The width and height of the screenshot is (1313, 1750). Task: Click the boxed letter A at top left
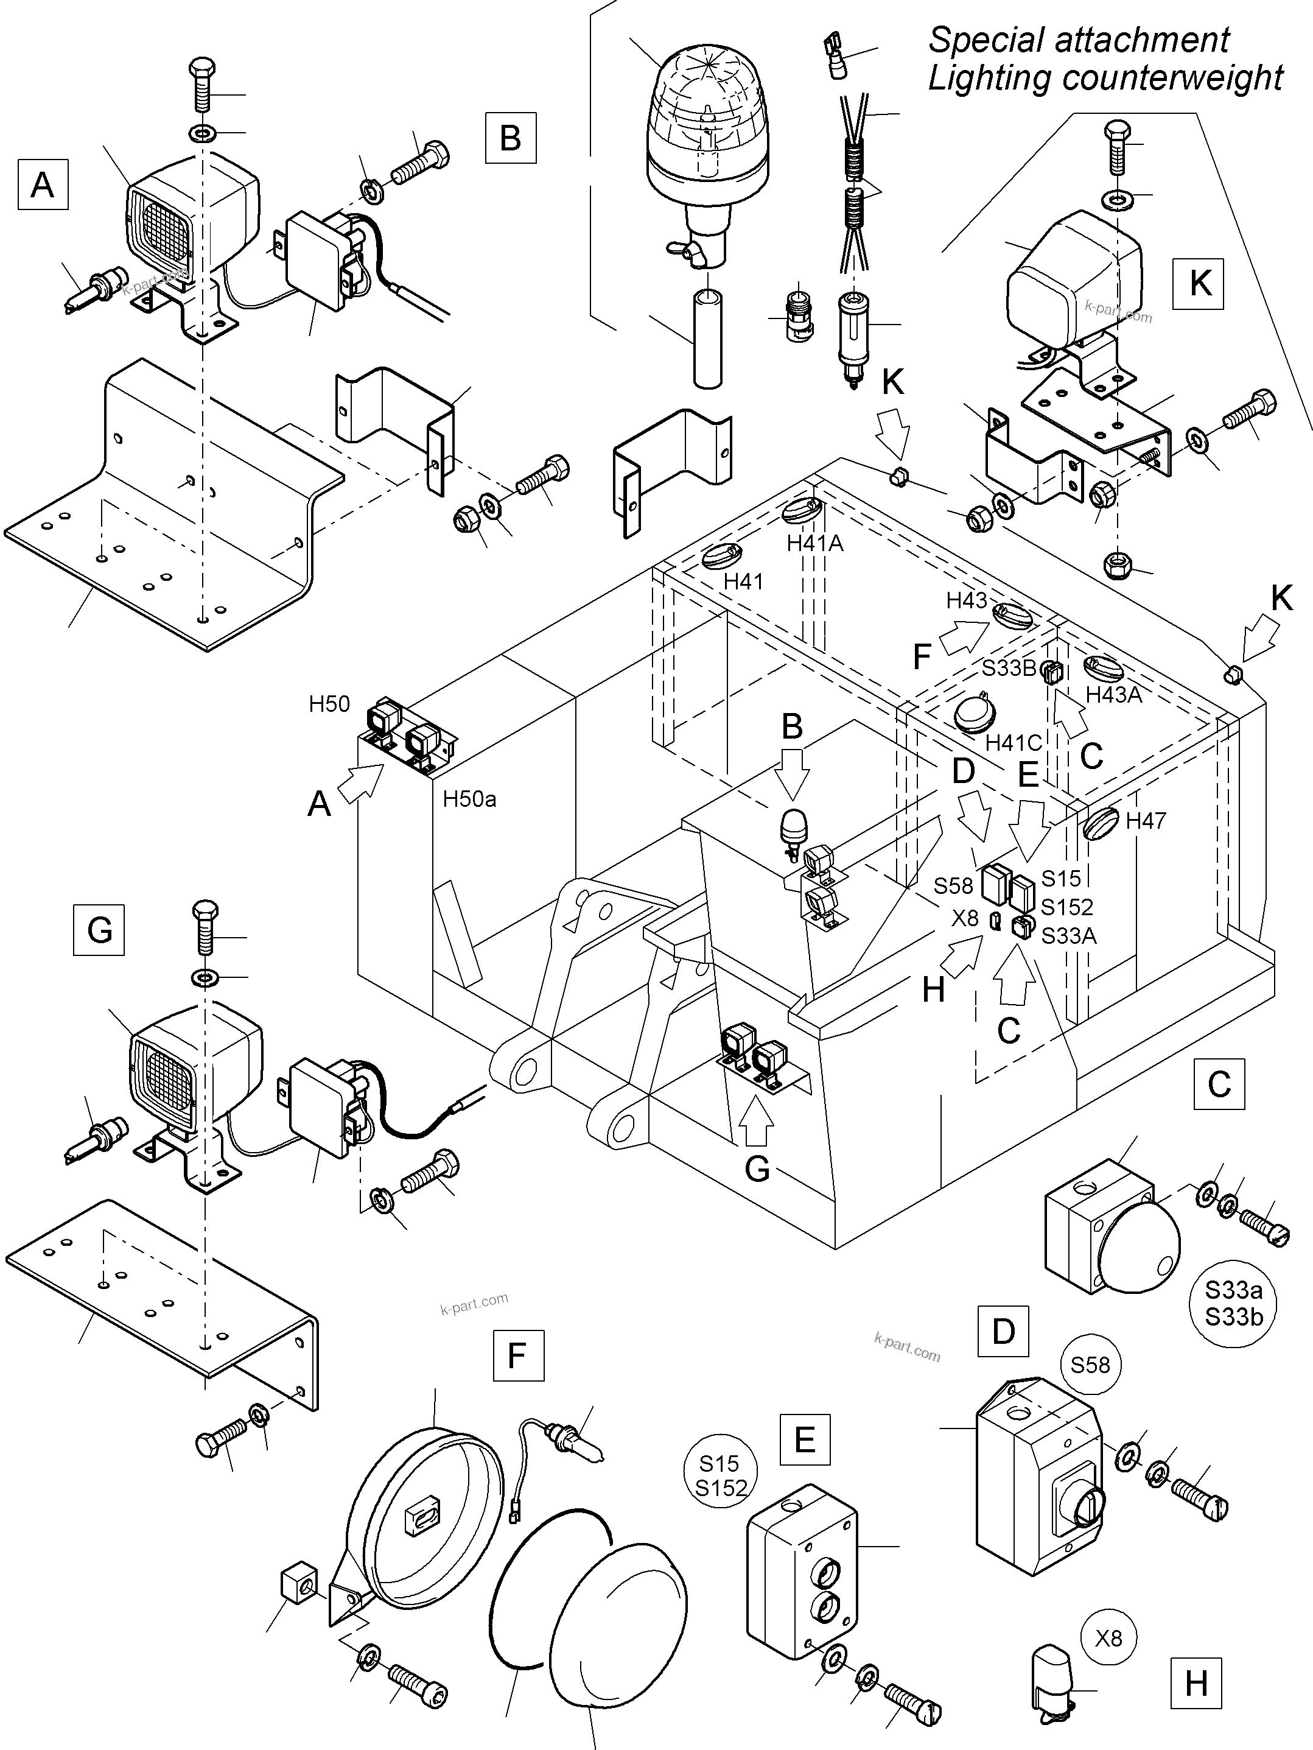[43, 185]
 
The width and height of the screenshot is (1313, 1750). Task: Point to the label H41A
[814, 544]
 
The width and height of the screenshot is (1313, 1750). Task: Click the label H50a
[469, 799]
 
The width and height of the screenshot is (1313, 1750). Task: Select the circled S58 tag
[1090, 1365]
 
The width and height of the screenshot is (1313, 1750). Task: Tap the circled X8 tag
[1108, 1638]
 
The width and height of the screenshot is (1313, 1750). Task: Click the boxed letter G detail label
[99, 930]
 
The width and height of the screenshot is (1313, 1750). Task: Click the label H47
[1146, 820]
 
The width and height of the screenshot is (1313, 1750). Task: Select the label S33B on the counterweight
[1009, 668]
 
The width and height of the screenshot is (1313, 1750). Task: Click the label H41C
[1014, 743]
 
